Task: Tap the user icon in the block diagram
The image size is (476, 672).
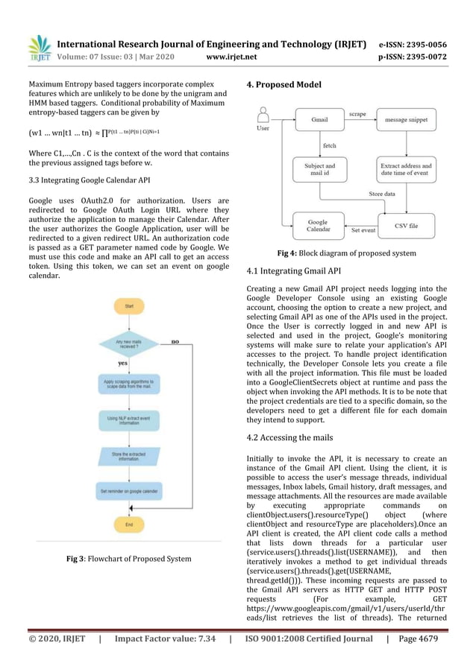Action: tap(262, 118)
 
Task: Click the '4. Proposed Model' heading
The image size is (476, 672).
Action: tap(284, 85)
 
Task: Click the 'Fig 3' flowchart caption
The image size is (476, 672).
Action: tap(128, 558)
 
